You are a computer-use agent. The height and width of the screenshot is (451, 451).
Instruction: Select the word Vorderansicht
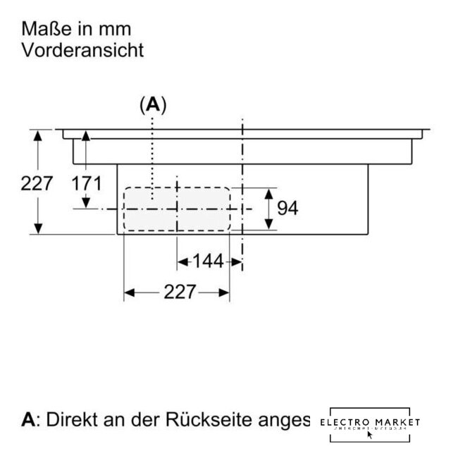click(x=83, y=50)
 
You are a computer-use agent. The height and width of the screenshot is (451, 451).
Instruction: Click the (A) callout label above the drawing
click(x=152, y=106)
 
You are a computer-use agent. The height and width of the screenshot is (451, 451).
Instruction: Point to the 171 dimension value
click(x=87, y=184)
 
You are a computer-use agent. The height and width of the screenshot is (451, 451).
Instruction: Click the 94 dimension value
click(x=288, y=208)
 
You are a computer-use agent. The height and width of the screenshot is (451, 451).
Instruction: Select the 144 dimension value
click(x=208, y=261)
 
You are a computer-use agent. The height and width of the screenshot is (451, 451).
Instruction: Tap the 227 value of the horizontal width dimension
click(x=179, y=292)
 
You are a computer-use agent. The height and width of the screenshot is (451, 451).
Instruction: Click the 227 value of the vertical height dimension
click(x=37, y=184)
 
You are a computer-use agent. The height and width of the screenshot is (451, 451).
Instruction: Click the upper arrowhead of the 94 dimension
click(x=268, y=192)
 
